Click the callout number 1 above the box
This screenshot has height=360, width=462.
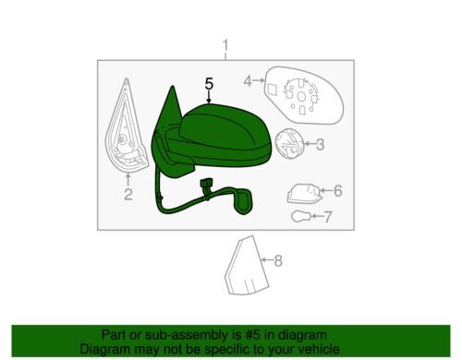[225, 46]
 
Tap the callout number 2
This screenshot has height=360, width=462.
[128, 194]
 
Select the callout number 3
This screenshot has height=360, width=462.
[320, 144]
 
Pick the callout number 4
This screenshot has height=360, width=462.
[248, 81]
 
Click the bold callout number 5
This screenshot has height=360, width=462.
[209, 84]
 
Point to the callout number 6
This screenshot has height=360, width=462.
[338, 191]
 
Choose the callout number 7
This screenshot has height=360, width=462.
[328, 217]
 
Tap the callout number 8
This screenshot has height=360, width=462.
[278, 260]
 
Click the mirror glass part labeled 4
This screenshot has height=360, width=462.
[303, 95]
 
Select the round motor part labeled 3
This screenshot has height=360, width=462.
[288, 143]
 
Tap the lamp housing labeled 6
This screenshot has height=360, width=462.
[304, 194]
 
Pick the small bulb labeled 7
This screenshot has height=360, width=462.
[301, 216]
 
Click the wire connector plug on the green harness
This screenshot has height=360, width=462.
[205, 186]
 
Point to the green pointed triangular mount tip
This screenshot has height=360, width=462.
[173, 87]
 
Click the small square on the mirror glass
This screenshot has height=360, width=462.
[272, 90]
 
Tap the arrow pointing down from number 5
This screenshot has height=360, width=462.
[209, 97]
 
